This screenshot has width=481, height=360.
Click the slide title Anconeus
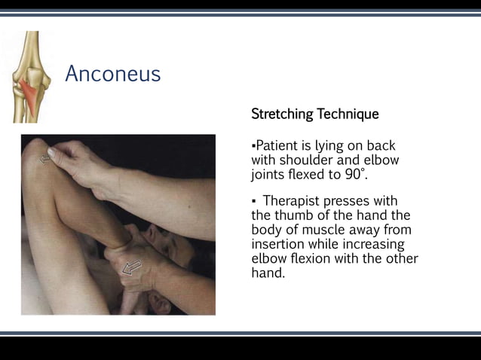(112, 74)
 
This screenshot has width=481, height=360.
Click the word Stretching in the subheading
(283, 114)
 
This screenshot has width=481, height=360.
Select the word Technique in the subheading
(348, 114)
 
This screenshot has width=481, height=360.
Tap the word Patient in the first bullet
(277, 145)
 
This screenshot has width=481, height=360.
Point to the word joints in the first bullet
(268, 175)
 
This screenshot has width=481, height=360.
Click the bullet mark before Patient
(254, 145)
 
